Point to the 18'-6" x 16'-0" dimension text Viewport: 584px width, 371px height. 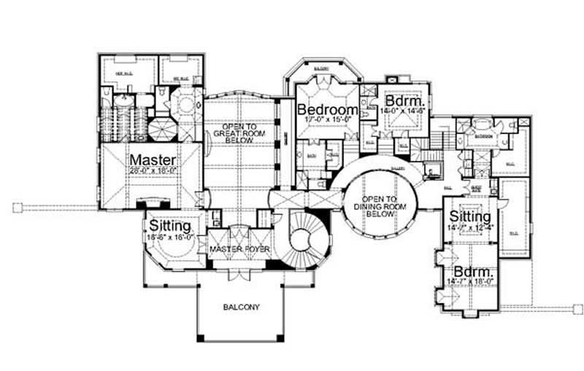click(x=169, y=237)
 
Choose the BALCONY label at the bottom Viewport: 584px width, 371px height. click(x=241, y=307)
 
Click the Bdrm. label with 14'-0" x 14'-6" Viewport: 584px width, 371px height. click(x=401, y=101)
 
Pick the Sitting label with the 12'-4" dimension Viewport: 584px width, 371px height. click(x=469, y=217)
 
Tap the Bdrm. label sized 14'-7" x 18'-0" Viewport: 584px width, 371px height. click(x=470, y=270)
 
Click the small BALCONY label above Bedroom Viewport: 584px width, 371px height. click(x=321, y=70)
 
